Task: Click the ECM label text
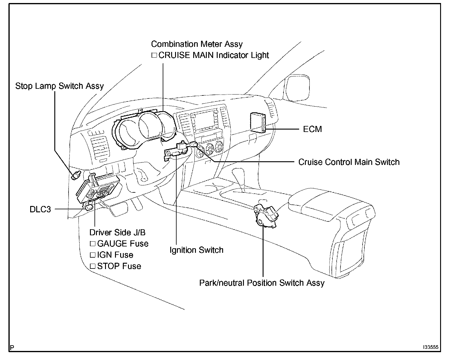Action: click(x=312, y=129)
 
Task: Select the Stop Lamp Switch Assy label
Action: click(x=59, y=86)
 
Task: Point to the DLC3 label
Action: click(x=40, y=209)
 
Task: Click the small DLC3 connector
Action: click(x=88, y=207)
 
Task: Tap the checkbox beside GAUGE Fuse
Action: click(x=92, y=244)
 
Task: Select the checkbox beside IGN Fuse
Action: click(x=92, y=255)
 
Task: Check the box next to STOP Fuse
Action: click(x=92, y=266)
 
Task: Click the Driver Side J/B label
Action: click(x=117, y=232)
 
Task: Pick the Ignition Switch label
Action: click(x=197, y=250)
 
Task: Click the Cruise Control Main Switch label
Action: click(x=349, y=162)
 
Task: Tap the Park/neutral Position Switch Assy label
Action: click(x=262, y=283)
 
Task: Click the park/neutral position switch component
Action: click(x=266, y=214)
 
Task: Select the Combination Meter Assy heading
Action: click(x=197, y=44)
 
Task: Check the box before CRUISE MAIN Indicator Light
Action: click(x=154, y=55)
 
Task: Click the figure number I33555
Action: click(x=430, y=347)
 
